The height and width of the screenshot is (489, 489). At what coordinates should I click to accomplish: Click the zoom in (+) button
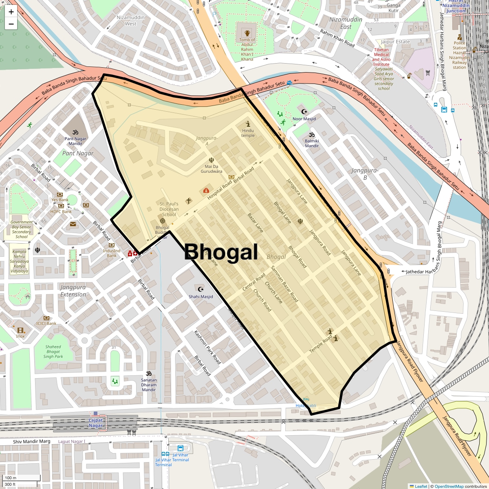click(x=11, y=11)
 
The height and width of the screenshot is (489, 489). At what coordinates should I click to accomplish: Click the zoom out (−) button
click(x=11, y=24)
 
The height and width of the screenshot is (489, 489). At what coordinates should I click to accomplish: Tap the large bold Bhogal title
click(x=221, y=252)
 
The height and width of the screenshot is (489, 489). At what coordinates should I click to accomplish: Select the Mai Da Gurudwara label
click(x=211, y=169)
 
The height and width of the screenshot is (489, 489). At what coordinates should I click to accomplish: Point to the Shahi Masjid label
click(x=200, y=297)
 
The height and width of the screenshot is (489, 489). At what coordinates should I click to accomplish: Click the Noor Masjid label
click(x=304, y=119)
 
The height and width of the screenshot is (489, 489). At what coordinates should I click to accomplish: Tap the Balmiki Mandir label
click(x=312, y=143)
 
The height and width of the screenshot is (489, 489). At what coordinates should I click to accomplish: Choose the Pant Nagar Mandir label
click(x=75, y=141)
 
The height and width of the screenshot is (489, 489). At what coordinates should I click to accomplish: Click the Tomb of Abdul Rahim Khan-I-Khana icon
click(x=247, y=33)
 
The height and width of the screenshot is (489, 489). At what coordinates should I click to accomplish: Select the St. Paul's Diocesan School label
click(x=169, y=209)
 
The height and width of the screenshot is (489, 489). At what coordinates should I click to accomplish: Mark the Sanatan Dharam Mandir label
click(x=149, y=385)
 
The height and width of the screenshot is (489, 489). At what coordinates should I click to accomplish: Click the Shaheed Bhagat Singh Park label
click(x=53, y=352)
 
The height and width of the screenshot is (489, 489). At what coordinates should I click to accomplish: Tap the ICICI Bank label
click(x=46, y=324)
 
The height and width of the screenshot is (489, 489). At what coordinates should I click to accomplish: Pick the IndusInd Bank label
click(x=112, y=253)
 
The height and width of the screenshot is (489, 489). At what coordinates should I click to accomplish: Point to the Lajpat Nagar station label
click(x=96, y=423)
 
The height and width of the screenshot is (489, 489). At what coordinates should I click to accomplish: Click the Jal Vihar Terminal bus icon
click(x=181, y=448)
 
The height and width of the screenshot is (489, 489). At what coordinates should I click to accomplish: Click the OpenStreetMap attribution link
click(x=449, y=486)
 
